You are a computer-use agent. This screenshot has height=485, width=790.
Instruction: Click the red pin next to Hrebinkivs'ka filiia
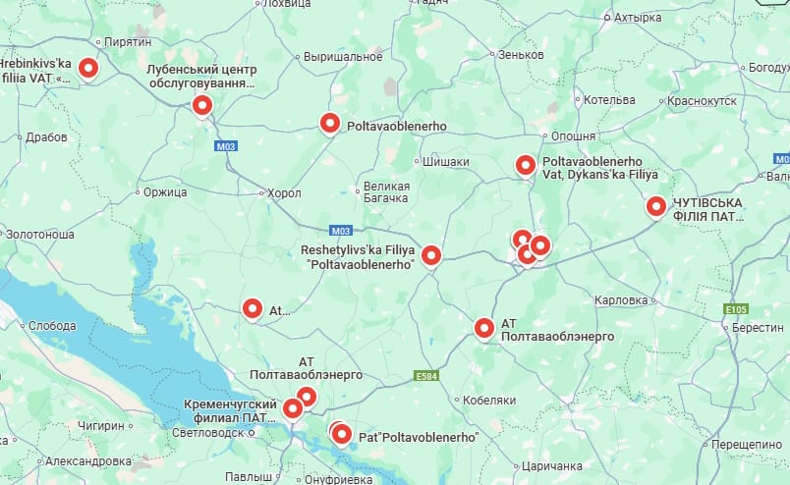click(x=88, y=68)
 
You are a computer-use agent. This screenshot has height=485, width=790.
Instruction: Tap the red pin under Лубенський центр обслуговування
click(x=202, y=105)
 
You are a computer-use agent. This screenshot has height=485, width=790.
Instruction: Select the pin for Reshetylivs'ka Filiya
click(x=430, y=255)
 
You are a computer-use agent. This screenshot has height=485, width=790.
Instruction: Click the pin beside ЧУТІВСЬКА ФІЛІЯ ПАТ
click(x=655, y=206)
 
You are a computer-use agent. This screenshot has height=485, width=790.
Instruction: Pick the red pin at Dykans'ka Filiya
click(x=526, y=165)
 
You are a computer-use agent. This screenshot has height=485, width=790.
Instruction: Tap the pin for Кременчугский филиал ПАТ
click(x=293, y=407)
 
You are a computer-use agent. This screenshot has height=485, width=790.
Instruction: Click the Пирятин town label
click(x=128, y=43)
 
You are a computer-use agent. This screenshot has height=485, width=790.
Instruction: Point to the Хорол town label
click(x=284, y=193)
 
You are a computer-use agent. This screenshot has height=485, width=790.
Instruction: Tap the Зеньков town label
click(x=521, y=55)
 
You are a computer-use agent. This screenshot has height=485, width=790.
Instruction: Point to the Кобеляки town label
click(x=490, y=401)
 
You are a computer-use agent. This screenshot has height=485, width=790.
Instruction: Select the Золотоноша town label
click(x=39, y=236)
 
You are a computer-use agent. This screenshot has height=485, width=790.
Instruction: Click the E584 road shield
click(x=425, y=376)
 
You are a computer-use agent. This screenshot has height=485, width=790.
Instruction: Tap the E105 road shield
click(x=736, y=309)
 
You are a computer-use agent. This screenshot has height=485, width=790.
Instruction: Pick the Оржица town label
click(x=164, y=192)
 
